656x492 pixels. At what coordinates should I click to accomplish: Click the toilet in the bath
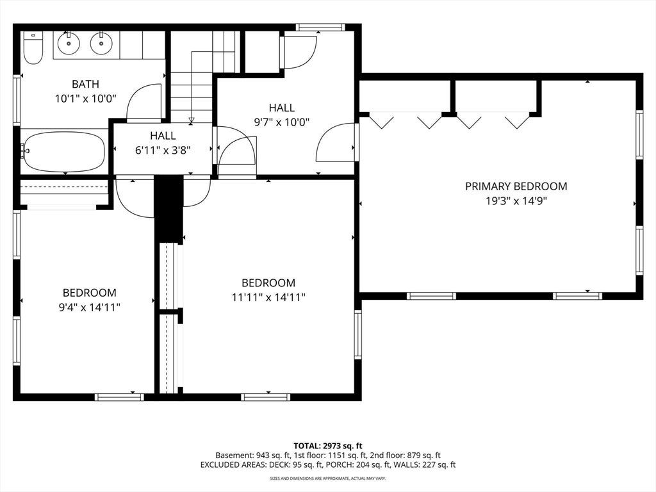[x=33, y=47]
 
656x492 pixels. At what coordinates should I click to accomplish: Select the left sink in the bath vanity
[x=69, y=43]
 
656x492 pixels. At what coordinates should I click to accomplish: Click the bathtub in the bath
[x=63, y=151]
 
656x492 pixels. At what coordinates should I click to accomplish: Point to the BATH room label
[x=86, y=84]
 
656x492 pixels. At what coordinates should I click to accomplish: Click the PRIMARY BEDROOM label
[x=516, y=186]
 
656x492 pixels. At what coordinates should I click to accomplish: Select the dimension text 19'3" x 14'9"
[x=516, y=201]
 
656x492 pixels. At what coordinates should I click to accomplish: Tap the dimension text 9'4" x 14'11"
[x=90, y=307]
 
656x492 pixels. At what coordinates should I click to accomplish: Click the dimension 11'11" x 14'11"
[x=268, y=297]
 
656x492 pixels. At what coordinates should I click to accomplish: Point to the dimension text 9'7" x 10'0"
[x=282, y=122]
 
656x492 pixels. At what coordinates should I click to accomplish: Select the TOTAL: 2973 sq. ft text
[x=327, y=446]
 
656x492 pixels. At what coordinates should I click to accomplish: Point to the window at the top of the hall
[x=320, y=27]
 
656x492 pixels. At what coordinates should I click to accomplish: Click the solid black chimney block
[x=169, y=209]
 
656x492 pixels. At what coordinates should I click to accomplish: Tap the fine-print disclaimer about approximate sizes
[x=327, y=478]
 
